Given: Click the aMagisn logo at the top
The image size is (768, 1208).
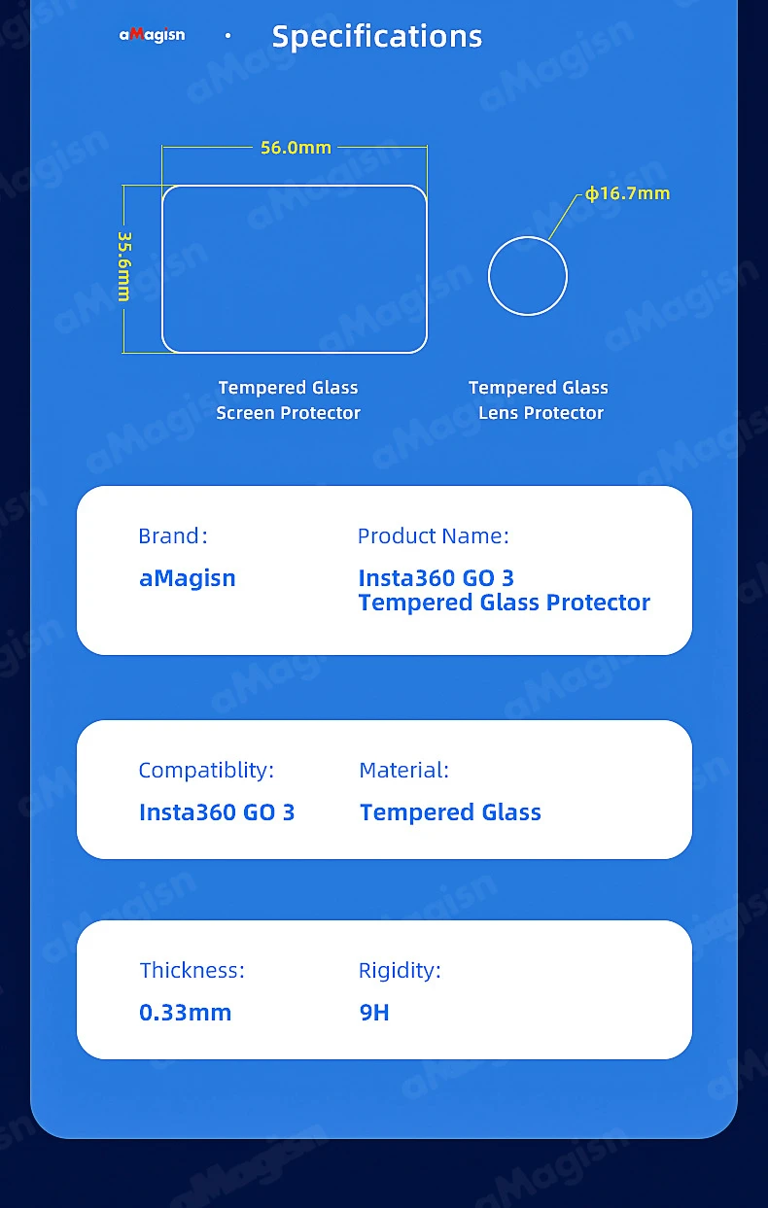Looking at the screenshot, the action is click(152, 35).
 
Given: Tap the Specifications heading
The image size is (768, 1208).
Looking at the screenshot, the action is click(377, 37).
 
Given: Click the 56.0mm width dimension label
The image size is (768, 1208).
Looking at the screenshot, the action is click(296, 148).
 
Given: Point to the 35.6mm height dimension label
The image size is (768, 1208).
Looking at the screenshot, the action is click(124, 266).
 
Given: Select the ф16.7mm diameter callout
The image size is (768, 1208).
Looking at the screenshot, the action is click(628, 193).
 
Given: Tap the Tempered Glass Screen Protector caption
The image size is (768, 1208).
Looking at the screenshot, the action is click(288, 400).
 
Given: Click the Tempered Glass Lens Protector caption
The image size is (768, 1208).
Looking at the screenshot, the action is click(539, 400).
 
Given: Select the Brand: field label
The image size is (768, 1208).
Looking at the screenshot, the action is click(173, 536).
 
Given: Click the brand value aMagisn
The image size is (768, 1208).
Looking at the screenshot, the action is click(188, 578).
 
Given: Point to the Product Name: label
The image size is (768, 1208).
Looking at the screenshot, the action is click(433, 536).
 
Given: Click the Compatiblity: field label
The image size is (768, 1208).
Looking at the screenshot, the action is click(206, 770).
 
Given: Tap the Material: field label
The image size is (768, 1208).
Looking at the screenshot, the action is click(404, 770).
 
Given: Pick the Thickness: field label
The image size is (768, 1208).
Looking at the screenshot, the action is click(192, 970).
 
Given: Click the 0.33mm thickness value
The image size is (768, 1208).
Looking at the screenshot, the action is click(185, 1013).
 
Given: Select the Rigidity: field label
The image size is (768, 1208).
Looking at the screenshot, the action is click(400, 971).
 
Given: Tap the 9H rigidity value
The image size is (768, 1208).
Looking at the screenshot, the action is click(374, 1013).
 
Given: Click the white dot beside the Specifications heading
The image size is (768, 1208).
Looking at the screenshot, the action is click(228, 36).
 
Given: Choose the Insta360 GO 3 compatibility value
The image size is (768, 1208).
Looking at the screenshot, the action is click(217, 812).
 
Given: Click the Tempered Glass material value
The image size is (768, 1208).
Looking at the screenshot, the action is click(450, 812).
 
